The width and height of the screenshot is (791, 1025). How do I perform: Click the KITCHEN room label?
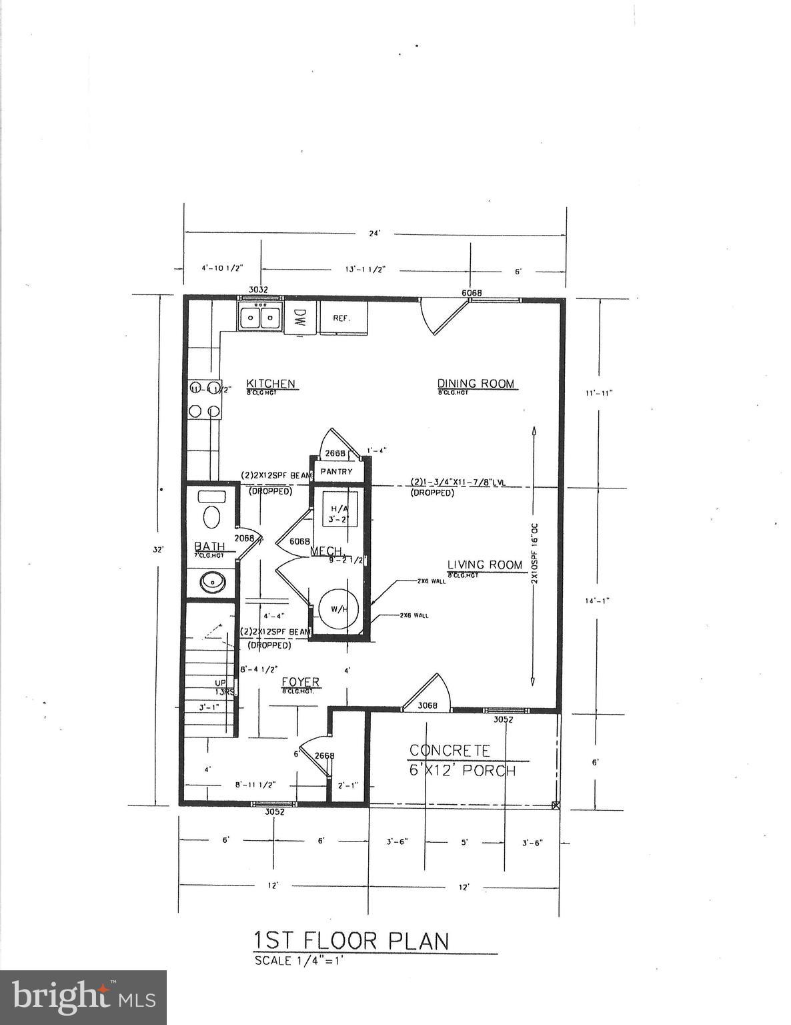coord(271,384)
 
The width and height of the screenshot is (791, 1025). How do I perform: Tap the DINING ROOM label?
coord(476,383)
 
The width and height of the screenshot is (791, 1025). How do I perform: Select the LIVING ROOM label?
coord(484,565)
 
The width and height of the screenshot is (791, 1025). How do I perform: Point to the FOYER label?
coord(300,682)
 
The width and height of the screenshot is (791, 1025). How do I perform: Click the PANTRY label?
coord(336,471)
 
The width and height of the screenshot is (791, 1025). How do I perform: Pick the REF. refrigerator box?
coord(343,318)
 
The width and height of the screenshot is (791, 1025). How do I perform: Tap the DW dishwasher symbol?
coord(299,318)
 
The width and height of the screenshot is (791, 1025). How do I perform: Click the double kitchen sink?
coord(260,316)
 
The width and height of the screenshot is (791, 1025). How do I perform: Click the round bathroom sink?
coord(212,583)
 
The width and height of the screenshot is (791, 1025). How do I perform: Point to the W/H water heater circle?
coord(338,609)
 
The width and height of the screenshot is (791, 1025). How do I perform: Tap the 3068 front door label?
coord(427,705)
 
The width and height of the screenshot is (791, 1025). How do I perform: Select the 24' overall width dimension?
coord(375,233)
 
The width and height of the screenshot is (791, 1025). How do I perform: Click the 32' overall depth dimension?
coord(158,550)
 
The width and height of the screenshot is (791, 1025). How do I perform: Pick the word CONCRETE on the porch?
coord(450,751)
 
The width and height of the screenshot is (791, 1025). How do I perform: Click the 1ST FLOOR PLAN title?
coord(351,941)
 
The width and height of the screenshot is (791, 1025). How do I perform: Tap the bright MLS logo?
coord(83,998)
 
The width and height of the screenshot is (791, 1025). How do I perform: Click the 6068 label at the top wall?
coord(472,293)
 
